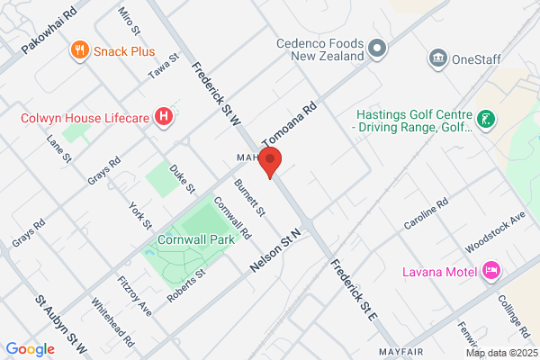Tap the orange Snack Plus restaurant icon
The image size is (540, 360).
(81, 51)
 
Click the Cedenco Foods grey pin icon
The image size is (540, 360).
(377, 47)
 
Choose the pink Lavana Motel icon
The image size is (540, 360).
(490, 270)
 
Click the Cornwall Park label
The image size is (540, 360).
(195, 239)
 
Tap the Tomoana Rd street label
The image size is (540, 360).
(291, 124)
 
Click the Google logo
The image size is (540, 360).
(30, 348)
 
